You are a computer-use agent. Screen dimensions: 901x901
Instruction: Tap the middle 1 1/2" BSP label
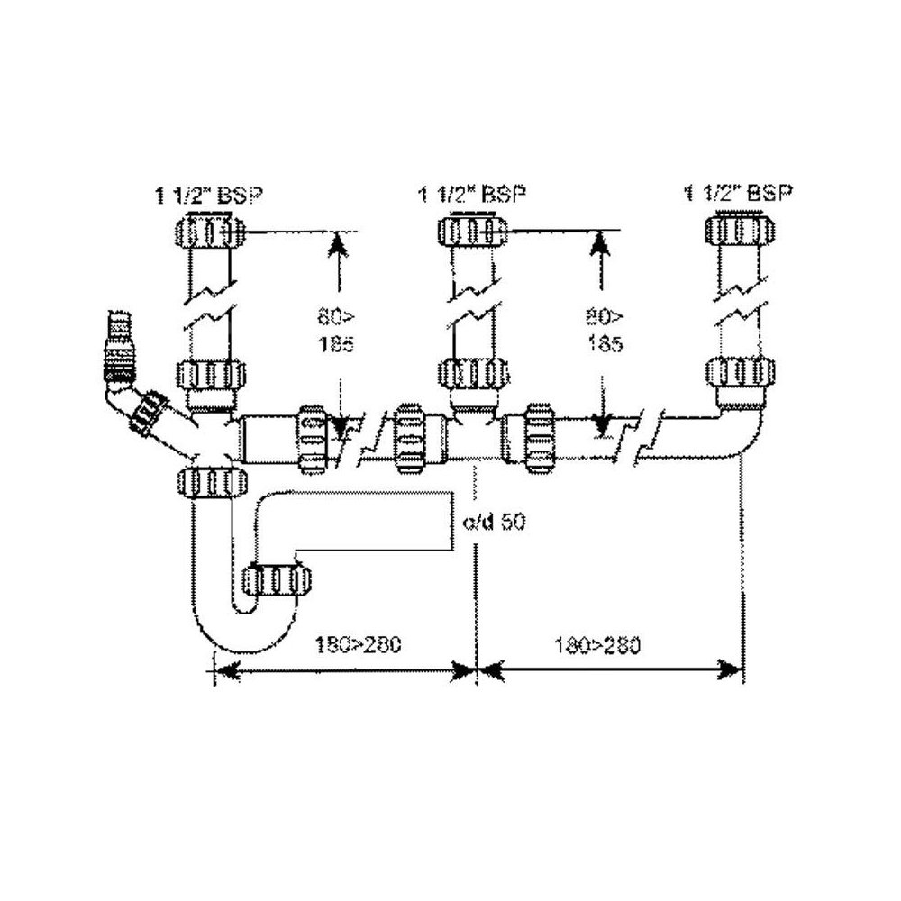pyautogui.click(x=472, y=195)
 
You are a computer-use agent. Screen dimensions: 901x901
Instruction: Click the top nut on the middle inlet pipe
pyautogui.click(x=470, y=232)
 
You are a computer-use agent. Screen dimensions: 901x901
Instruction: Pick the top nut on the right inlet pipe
pyautogui.click(x=737, y=230)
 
